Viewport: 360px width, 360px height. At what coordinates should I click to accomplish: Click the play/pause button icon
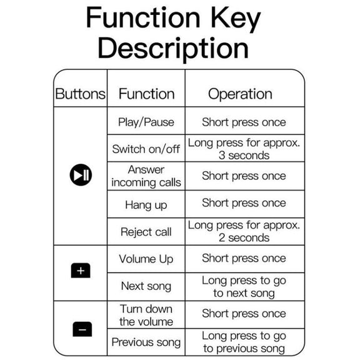click(x=81, y=175)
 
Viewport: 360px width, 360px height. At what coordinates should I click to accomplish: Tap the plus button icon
click(x=81, y=271)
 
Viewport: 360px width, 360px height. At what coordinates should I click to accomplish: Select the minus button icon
click(x=82, y=329)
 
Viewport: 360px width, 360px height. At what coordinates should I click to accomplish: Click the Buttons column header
click(x=81, y=94)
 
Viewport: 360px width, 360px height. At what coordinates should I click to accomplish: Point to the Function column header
click(x=146, y=94)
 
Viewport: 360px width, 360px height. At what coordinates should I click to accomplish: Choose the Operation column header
click(x=240, y=94)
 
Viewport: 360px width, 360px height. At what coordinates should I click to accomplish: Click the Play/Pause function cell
click(x=146, y=122)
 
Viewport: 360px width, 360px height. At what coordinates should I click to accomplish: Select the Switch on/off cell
click(x=146, y=149)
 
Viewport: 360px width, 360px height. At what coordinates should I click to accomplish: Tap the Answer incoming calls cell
click(x=146, y=176)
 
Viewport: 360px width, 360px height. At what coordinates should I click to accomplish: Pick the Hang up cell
click(x=146, y=205)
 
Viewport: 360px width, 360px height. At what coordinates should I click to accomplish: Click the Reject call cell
click(x=146, y=232)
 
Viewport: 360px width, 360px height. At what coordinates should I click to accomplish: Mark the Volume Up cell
click(x=146, y=259)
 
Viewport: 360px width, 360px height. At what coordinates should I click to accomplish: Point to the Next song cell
click(x=146, y=286)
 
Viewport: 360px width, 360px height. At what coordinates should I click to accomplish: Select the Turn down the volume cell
click(x=146, y=315)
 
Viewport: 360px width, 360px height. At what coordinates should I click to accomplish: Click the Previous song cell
click(x=146, y=342)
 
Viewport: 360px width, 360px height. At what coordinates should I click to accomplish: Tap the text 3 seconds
click(x=244, y=155)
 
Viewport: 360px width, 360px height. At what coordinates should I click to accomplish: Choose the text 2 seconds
click(x=244, y=237)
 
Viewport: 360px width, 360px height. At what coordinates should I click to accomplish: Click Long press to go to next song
click(x=244, y=287)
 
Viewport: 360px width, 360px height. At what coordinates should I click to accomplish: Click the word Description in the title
click(x=173, y=49)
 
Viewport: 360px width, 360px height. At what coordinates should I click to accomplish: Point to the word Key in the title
click(x=236, y=18)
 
